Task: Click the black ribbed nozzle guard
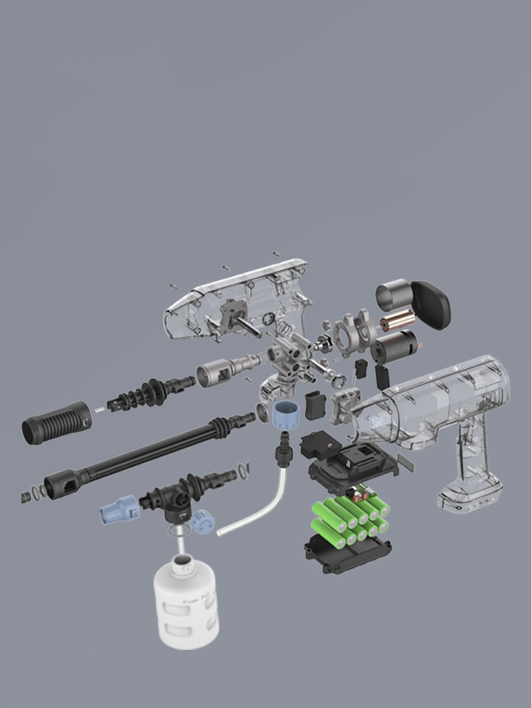coord(57,423)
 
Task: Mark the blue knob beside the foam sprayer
coord(202,523)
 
